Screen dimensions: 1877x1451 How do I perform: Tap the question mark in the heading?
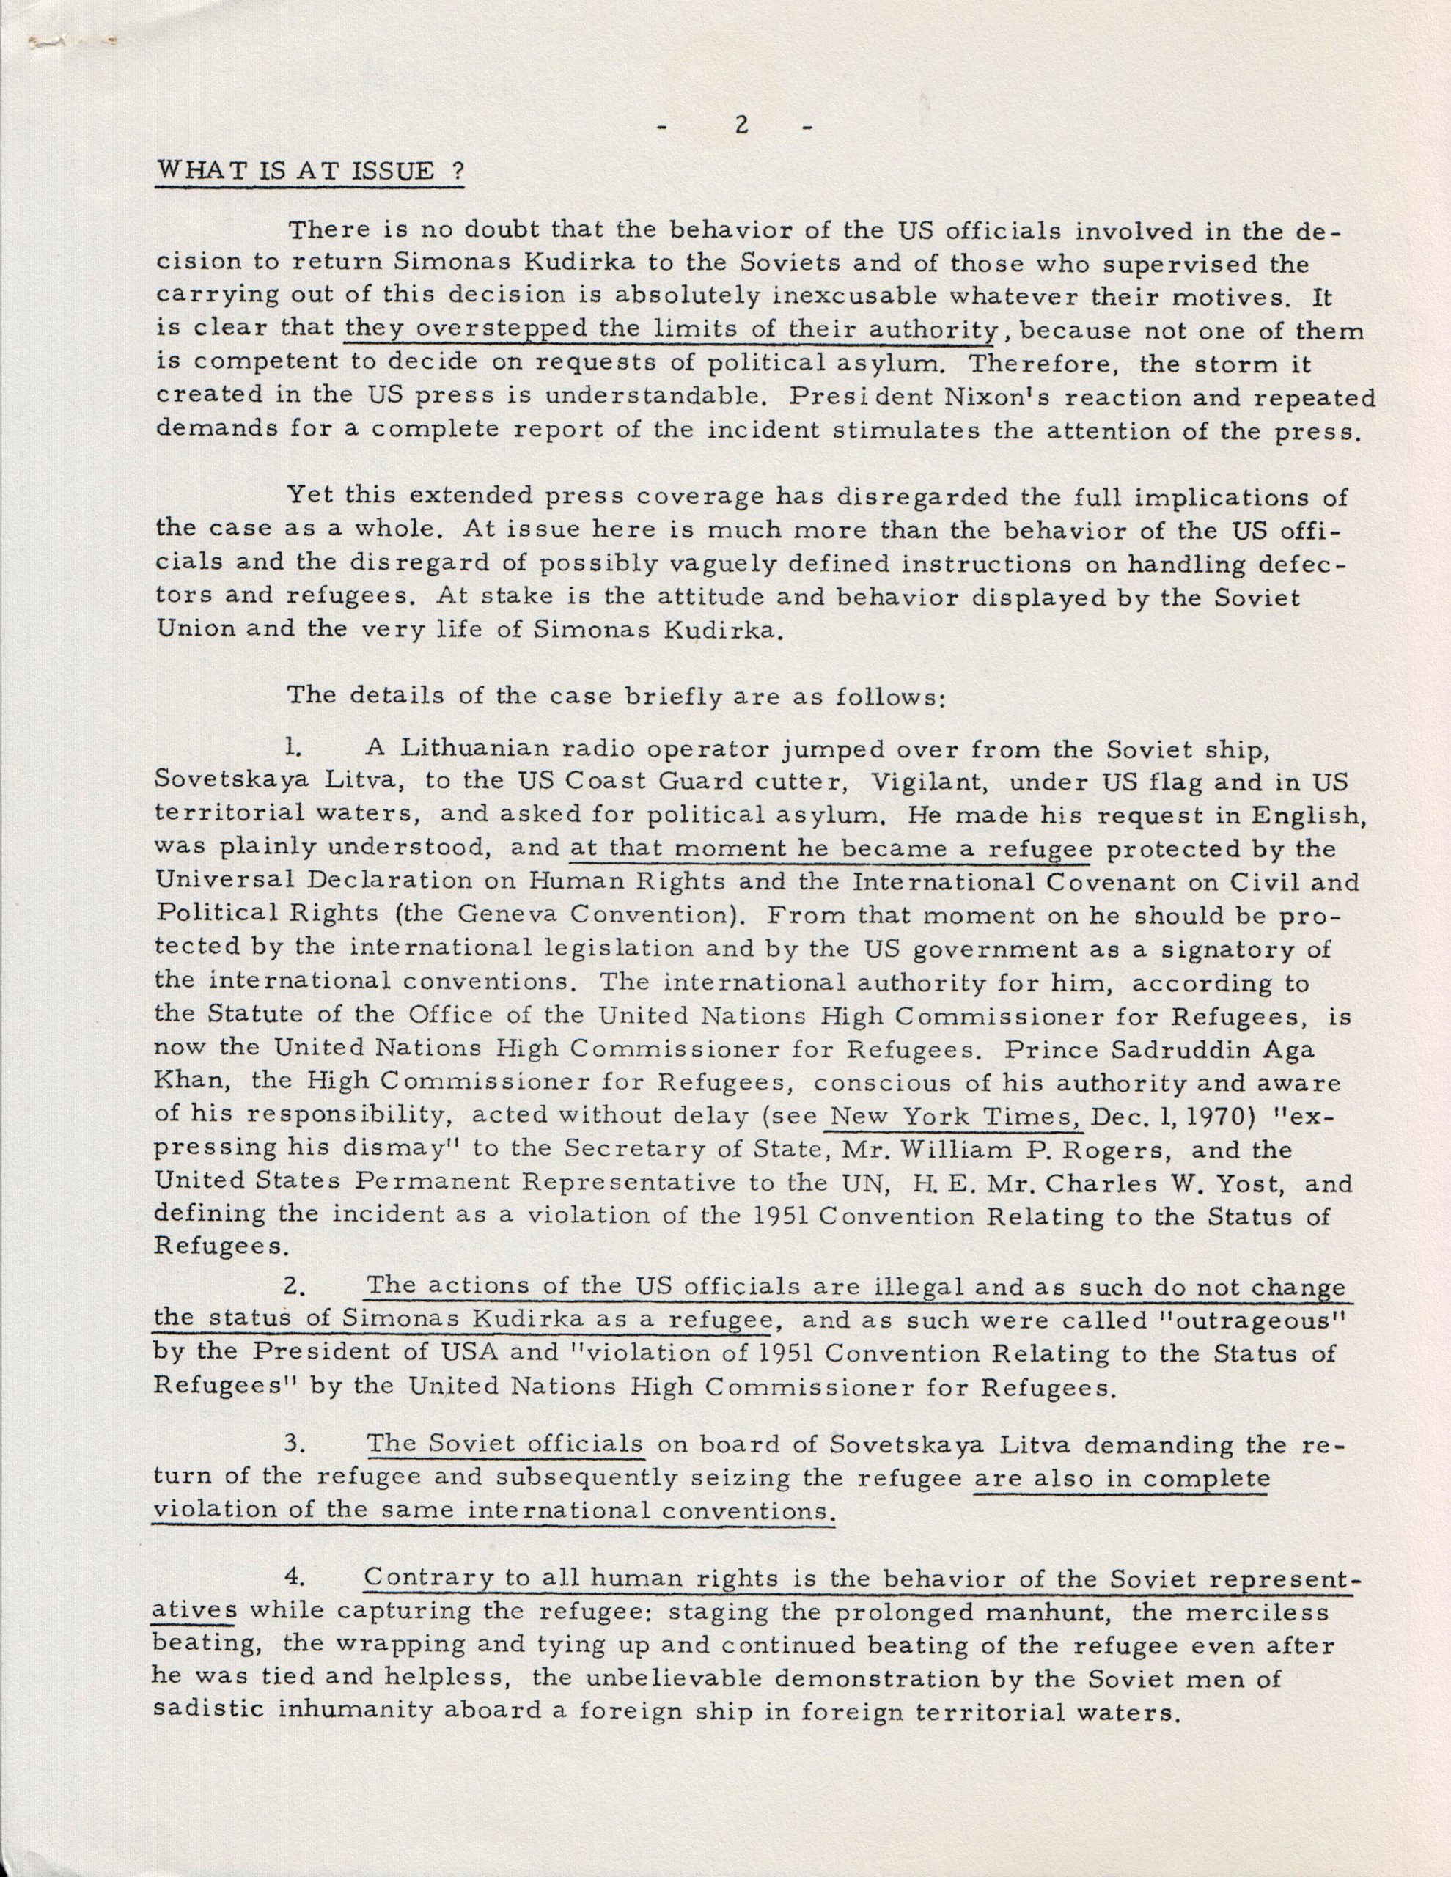coord(458,169)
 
